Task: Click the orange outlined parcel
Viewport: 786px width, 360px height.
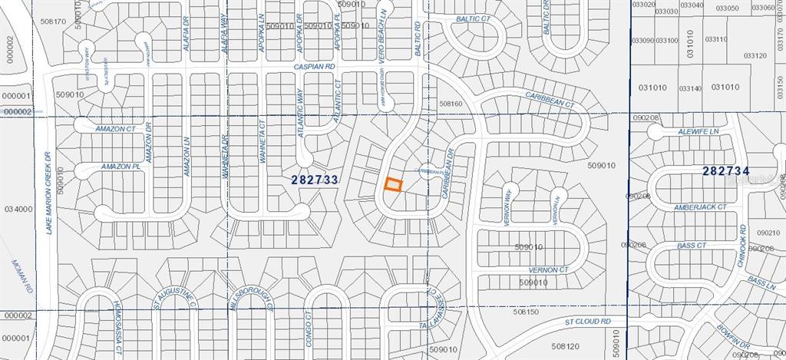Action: click(393, 185)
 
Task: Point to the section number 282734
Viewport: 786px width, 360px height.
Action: click(725, 170)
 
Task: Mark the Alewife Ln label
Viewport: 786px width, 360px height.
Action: click(696, 132)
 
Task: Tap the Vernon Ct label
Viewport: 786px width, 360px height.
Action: click(549, 270)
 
